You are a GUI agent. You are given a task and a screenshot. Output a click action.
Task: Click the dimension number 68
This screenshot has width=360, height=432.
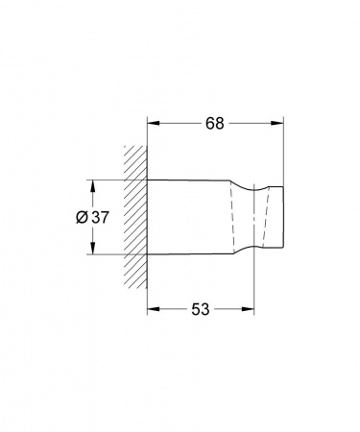[215, 123]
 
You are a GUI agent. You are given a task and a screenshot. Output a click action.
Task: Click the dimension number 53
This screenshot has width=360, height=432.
[201, 309]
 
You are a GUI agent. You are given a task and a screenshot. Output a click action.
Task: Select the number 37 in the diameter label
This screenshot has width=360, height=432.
[100, 218]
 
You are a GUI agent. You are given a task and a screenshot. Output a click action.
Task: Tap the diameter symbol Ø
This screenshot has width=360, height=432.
[82, 218]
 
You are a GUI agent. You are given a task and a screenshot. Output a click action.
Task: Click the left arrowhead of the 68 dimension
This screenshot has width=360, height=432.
[154, 123]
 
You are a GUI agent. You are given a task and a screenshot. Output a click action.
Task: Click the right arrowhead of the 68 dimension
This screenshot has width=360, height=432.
[277, 123]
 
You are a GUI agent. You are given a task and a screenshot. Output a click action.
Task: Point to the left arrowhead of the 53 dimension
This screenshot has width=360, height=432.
[154, 309]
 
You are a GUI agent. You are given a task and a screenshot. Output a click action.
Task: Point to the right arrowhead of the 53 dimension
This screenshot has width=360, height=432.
[248, 309]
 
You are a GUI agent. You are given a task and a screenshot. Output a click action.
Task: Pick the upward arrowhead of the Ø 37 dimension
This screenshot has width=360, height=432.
[92, 186]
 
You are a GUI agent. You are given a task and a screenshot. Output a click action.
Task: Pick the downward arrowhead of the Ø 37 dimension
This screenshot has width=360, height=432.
[92, 249]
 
